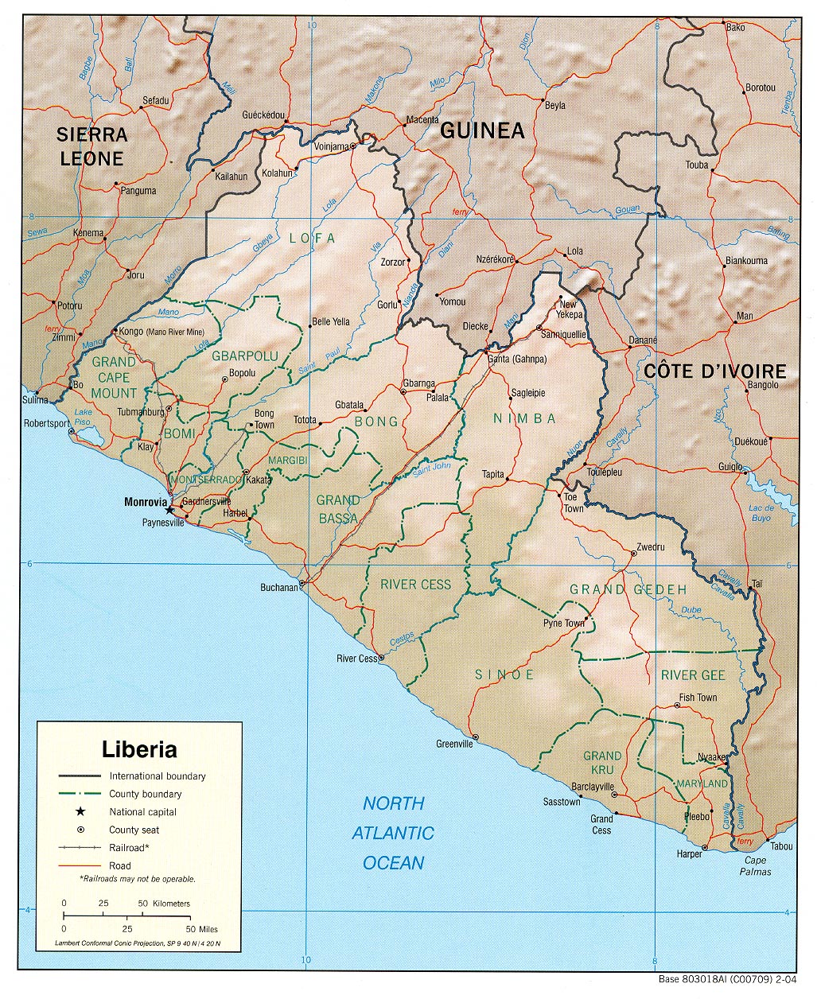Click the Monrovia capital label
146,502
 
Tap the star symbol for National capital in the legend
80,811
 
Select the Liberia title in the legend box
139,749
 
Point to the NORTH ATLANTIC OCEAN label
393,833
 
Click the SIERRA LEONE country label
92,146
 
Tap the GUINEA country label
482,130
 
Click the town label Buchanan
278,588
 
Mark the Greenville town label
454,744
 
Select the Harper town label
690,853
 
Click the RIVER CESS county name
415,585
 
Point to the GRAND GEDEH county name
628,589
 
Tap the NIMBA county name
524,418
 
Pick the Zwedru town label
650,547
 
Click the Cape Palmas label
756,865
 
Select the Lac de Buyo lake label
761,513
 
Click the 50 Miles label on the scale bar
202,928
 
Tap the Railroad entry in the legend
130,847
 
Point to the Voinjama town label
332,146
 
